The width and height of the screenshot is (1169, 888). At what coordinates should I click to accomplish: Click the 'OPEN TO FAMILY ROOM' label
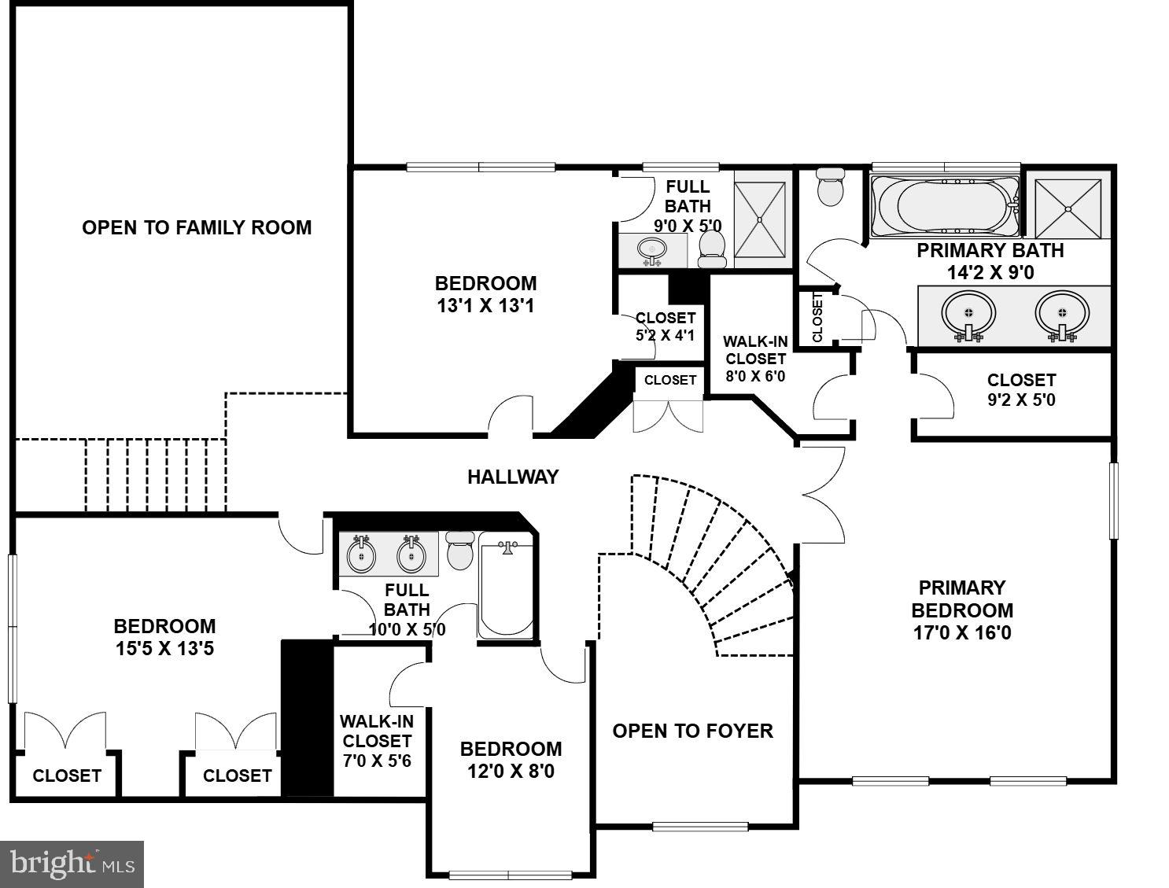tap(197, 227)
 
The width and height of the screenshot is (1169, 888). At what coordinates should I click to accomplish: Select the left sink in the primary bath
tap(968, 314)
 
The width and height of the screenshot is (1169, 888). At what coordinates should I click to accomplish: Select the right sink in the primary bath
tap(1062, 313)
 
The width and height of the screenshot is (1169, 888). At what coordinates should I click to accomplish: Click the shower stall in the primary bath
tap(1068, 208)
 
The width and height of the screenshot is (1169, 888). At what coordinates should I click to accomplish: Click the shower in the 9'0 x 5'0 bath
tap(759, 219)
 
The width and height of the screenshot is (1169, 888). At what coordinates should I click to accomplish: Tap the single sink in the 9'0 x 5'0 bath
tap(651, 250)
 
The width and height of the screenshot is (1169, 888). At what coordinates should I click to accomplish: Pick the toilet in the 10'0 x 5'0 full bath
tap(459, 550)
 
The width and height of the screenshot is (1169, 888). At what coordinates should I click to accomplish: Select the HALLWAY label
tap(513, 477)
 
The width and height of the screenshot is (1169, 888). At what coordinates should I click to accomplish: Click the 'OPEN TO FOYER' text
tap(692, 731)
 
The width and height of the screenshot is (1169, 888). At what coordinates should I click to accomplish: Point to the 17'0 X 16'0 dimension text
tap(961, 632)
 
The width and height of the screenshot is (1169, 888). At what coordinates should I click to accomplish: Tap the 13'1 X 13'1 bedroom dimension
tap(485, 305)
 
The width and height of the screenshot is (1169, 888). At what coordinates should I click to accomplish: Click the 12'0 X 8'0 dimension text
tap(511, 771)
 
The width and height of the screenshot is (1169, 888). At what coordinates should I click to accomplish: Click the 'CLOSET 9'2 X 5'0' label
tap(1021, 389)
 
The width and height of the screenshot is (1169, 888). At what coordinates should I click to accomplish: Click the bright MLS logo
tap(72, 864)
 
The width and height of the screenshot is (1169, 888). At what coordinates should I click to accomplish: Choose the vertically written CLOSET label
tap(817, 317)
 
